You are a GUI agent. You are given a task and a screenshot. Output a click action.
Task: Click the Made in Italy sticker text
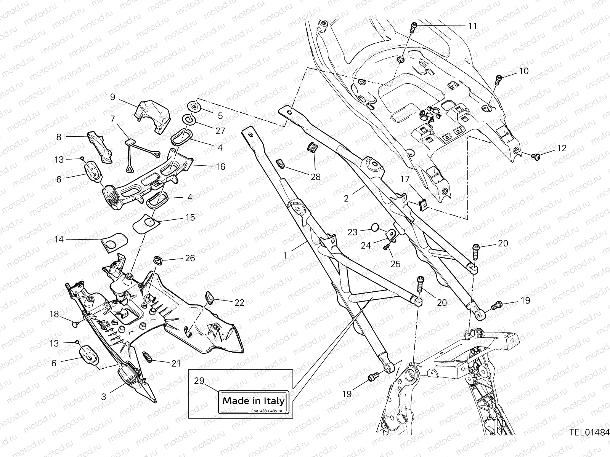click(x=253, y=401)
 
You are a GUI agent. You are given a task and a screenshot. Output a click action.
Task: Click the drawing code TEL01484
click(x=589, y=443)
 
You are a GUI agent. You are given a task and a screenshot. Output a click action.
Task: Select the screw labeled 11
click(x=414, y=27)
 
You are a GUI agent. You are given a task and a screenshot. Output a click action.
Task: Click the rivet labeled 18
click(x=75, y=324)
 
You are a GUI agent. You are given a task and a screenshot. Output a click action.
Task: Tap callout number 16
click(x=220, y=167)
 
